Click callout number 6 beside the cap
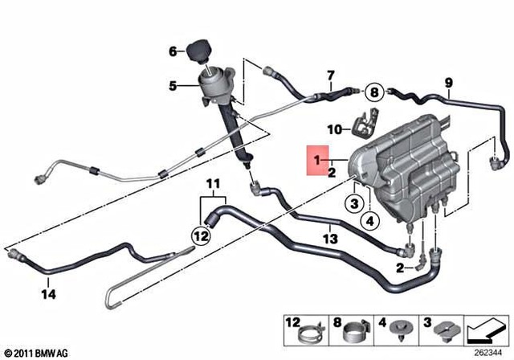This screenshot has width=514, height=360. click(172, 52)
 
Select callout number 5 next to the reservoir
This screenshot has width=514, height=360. click(172, 86)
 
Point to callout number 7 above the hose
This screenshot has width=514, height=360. click(329, 77)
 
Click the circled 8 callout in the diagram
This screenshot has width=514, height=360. click(374, 91)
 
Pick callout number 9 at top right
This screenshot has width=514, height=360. click(448, 81)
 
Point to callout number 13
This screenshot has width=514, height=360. click(330, 239)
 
